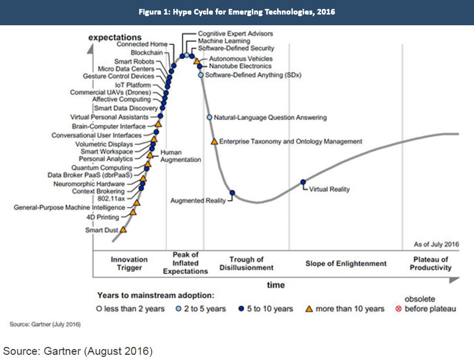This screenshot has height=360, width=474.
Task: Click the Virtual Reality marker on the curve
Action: tap(303, 182)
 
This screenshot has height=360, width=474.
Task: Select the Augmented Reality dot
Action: tap(232, 192)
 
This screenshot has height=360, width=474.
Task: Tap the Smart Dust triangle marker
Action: tap(123, 229)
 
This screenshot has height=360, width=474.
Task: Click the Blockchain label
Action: tap(146, 53)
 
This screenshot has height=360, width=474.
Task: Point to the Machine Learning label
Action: tap(220, 41)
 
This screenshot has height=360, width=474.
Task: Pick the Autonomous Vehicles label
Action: tap(240, 59)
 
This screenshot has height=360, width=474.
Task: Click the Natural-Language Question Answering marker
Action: tap(209, 117)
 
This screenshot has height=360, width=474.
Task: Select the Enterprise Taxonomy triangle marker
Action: tap(214, 141)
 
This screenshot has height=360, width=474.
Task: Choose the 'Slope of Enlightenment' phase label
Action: tap(346, 263)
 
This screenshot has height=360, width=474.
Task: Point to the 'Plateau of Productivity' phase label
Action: tap(431, 263)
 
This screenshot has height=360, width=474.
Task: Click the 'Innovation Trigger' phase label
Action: tap(129, 263)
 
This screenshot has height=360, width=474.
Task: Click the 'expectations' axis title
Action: tap(115, 37)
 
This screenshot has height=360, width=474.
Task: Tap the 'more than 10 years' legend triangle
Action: tap(310, 308)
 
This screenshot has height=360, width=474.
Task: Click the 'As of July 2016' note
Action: tap(437, 244)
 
